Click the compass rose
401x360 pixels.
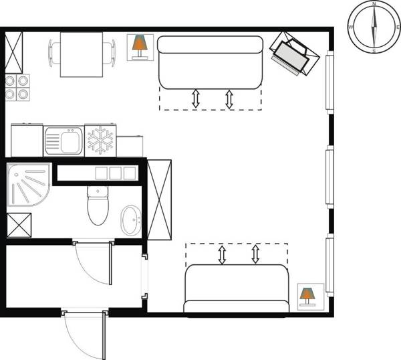374,27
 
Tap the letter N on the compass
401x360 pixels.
374,5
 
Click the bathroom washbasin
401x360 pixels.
131,217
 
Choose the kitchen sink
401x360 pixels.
63,141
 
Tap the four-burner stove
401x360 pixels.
18,87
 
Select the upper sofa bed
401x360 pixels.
209,62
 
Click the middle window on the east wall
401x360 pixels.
329,178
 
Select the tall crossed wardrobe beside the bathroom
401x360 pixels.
160,199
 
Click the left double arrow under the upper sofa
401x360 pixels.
196,98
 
